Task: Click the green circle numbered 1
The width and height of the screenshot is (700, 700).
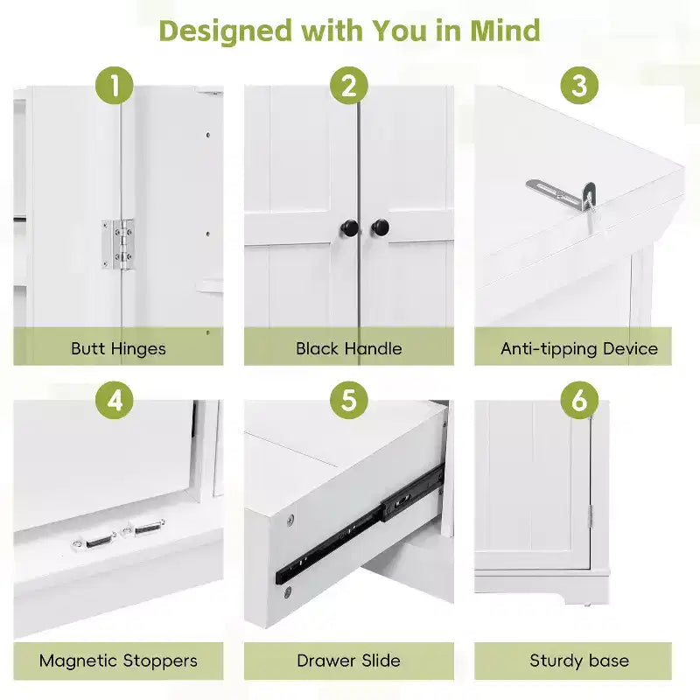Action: coord(115,86)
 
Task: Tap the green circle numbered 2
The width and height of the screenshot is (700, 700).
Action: coord(348,86)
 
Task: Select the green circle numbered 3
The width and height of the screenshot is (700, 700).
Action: coord(579,86)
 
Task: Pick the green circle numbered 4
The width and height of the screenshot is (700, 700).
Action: coord(115,400)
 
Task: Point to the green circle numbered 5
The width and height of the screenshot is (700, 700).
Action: coord(348,400)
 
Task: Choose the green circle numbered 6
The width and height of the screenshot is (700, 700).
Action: coord(579,400)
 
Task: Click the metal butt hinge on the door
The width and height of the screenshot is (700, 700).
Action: coord(117,244)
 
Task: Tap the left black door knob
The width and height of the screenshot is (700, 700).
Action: coord(350,228)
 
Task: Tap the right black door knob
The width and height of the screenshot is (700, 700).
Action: coord(380,227)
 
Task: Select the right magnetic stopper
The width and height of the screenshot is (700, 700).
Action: coord(143,528)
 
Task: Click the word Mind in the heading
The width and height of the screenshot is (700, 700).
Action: coord(505,31)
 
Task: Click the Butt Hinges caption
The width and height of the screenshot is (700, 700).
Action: coord(118,348)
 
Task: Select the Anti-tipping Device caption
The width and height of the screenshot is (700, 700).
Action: coord(579,348)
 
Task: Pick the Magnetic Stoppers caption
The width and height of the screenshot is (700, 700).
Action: coord(118,661)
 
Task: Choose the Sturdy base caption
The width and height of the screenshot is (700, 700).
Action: coord(579,661)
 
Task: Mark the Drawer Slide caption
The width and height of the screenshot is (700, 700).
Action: coord(348,661)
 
